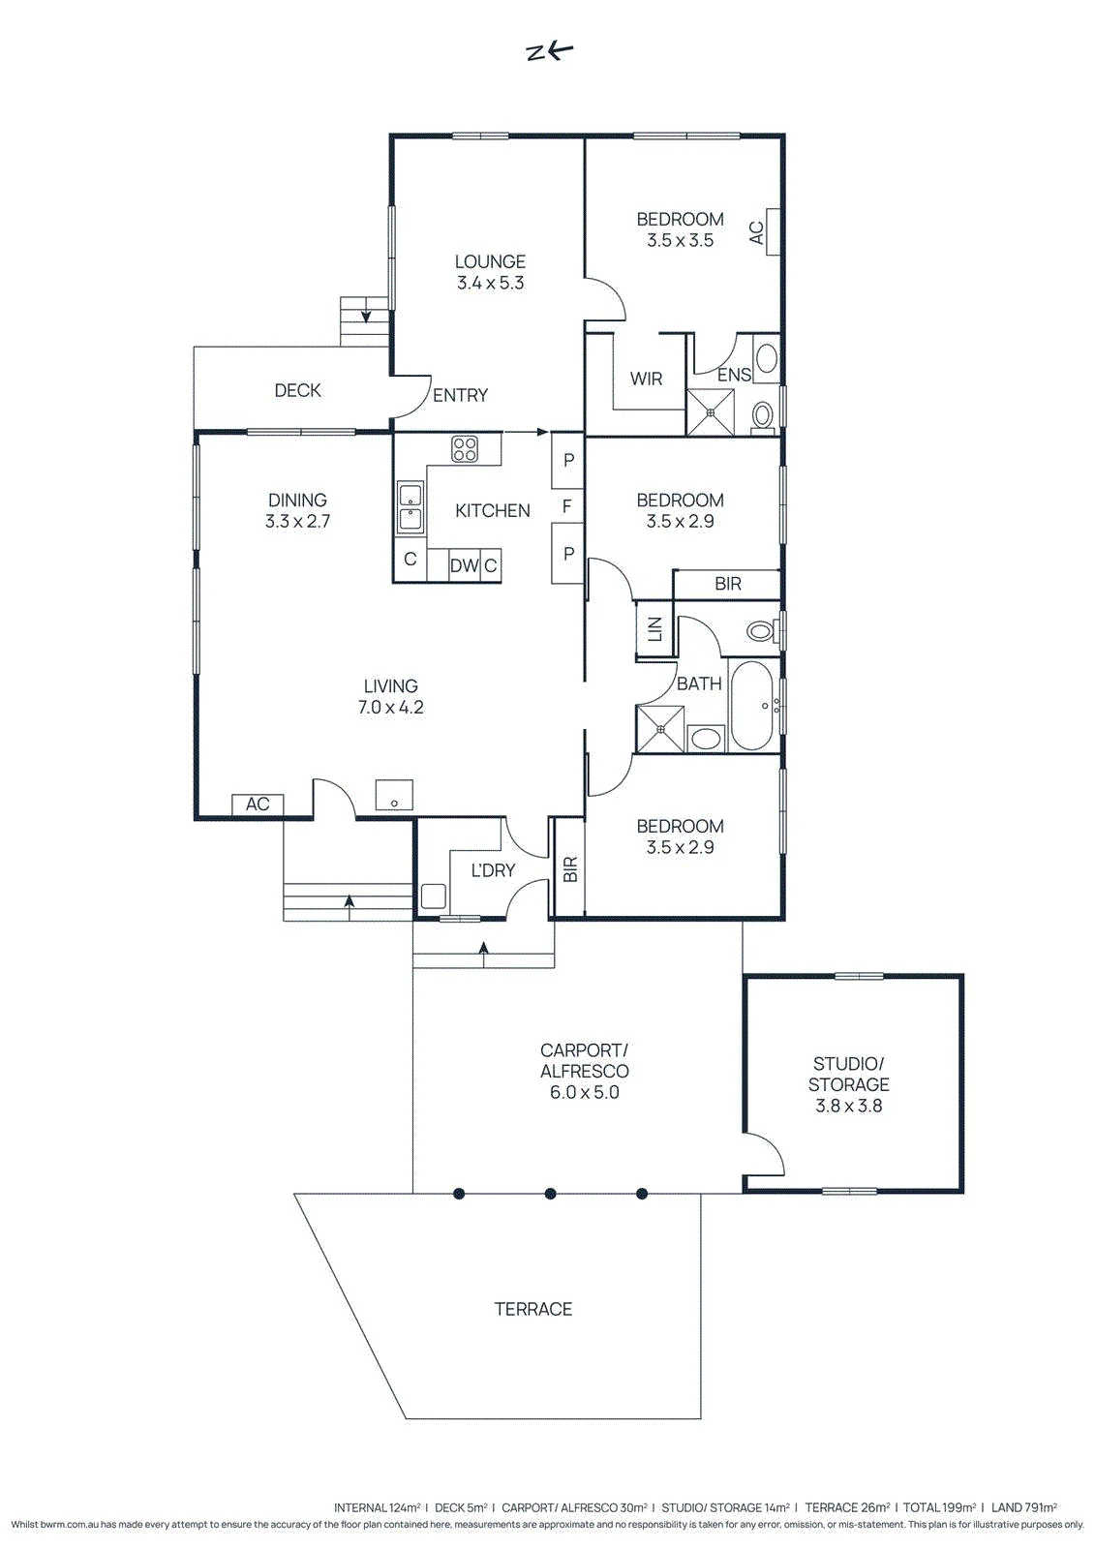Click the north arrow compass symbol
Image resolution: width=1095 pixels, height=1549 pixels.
point(550,52)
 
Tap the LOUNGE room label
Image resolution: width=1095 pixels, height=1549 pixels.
point(490,261)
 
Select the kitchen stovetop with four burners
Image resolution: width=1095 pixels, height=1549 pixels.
point(464,449)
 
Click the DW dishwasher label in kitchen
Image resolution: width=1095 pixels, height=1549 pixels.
point(464,565)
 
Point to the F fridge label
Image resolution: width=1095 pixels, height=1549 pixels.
point(566,507)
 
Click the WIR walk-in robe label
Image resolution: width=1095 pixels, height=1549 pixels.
point(646,379)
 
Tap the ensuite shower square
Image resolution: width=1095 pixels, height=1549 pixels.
point(710,412)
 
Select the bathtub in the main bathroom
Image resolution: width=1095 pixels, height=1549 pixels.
point(754,706)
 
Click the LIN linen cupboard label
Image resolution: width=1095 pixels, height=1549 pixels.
point(655,628)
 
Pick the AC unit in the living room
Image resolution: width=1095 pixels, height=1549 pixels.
point(258,805)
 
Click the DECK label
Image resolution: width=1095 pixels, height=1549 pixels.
point(297,391)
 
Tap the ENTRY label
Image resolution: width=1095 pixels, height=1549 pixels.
point(460,396)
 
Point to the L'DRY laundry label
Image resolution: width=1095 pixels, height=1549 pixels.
point(493,870)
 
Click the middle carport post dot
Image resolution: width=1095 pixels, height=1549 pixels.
point(551,1194)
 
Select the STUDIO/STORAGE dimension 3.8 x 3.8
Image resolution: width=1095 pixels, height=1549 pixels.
point(848,1106)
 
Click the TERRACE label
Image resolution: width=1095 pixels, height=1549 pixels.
point(532,1309)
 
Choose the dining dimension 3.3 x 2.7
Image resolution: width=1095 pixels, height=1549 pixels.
point(297,521)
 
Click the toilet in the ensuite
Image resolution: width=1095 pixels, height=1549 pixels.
point(763,416)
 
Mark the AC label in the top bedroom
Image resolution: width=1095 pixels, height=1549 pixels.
point(756,232)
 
